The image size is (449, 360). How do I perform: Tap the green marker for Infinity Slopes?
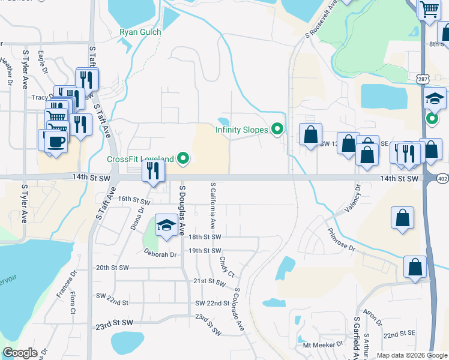tap(277, 129)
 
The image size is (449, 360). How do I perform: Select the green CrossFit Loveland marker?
tap(184, 159)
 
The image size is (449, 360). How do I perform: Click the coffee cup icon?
tap(56, 142)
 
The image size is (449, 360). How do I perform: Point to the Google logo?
tap(19, 353)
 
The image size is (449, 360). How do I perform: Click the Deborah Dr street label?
tap(160, 254)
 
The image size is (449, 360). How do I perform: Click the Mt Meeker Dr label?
tap(322, 345)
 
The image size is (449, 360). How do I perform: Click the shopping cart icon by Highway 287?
tap(429, 9)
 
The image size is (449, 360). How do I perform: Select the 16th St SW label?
tap(133, 199)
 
